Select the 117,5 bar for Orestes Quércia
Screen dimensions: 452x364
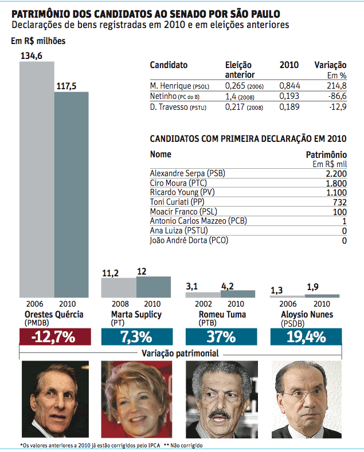tap(72, 195)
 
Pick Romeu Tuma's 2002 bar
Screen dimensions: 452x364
tap(202, 295)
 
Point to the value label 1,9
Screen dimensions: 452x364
tap(313, 287)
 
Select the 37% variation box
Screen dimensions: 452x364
tap(221, 337)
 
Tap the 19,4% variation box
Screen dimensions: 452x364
tap(306, 337)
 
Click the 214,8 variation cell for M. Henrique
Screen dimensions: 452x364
tap(336, 85)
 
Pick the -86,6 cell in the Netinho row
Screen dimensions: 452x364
tap(335, 96)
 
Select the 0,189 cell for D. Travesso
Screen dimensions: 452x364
tap(289, 107)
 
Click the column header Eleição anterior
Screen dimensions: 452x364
tap(239, 70)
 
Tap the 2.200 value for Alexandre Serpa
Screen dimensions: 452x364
tap(336, 173)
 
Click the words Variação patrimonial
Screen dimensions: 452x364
tap(180, 354)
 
